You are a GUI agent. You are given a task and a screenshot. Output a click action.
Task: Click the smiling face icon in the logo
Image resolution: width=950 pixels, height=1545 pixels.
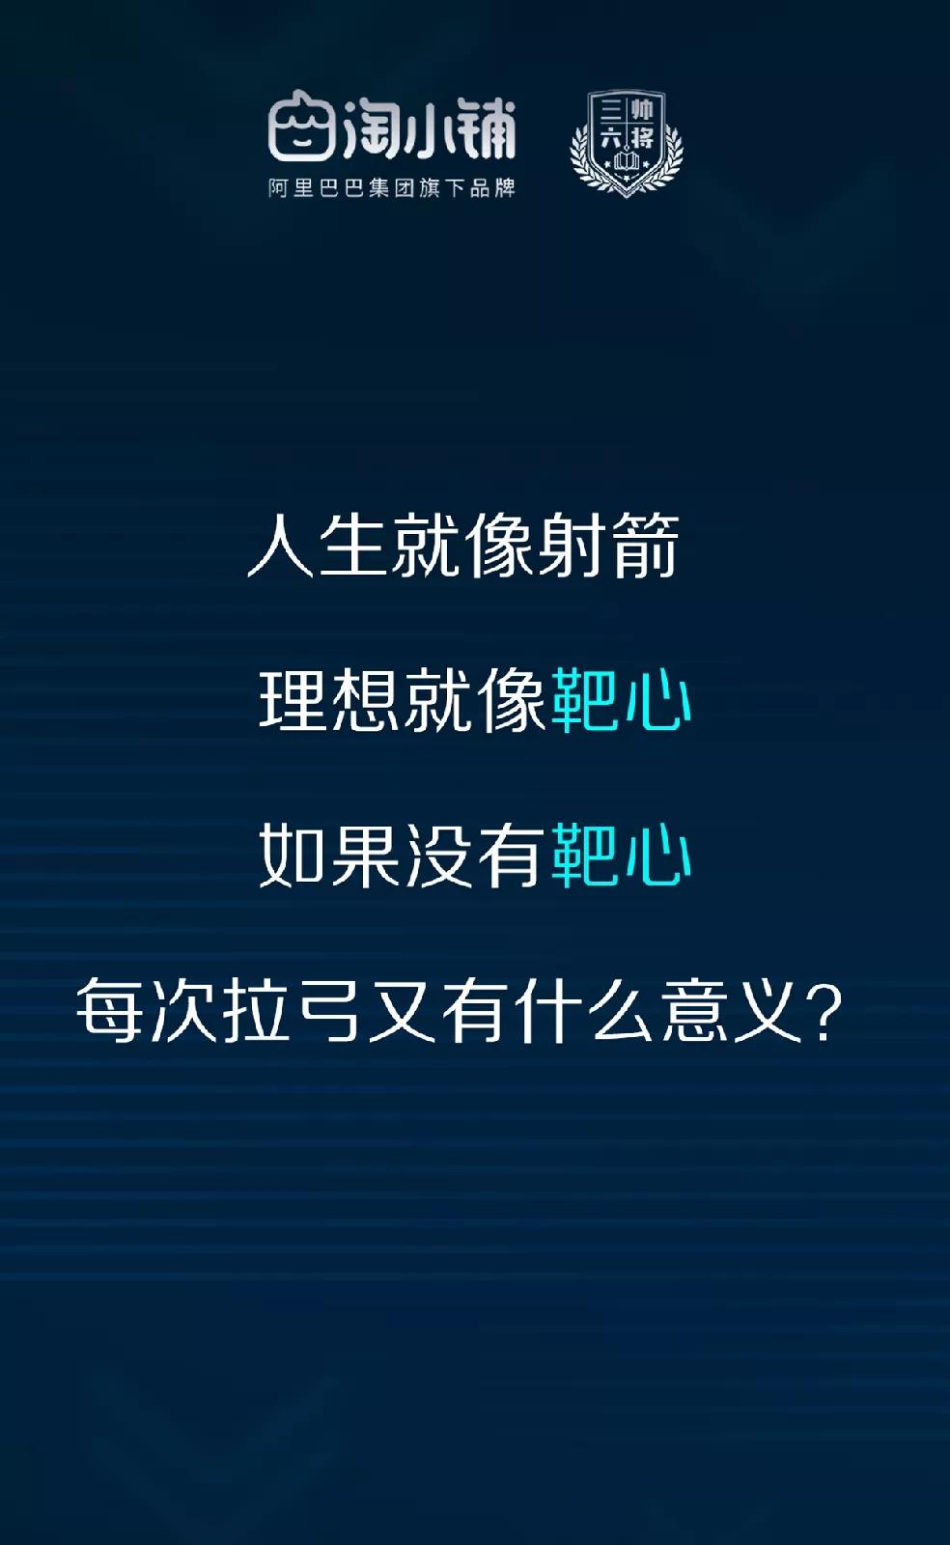pos(302,126)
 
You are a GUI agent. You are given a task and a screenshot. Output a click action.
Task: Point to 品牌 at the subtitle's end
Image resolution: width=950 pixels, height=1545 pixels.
pos(492,187)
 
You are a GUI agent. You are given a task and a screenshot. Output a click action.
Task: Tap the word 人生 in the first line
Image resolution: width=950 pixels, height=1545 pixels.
pos(318,546)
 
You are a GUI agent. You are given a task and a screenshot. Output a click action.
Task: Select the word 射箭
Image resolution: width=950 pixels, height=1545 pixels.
pos(608,546)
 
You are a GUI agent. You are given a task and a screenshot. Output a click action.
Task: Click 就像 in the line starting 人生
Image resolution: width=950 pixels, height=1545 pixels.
pos(463,546)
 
